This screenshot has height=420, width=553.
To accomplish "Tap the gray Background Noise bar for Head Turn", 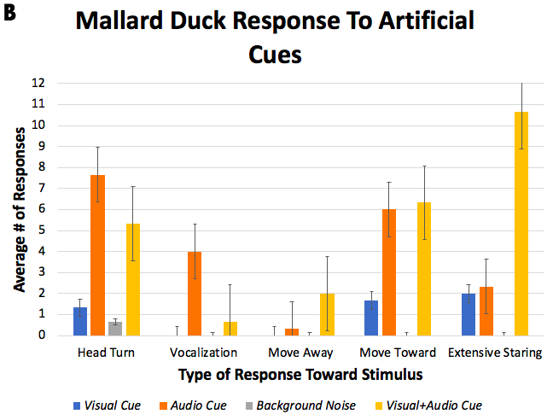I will (x=115, y=329).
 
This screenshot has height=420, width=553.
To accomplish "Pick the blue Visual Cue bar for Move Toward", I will (x=370, y=318).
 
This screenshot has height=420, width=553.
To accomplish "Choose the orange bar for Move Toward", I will (x=388, y=272).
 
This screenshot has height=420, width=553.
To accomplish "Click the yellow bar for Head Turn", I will (x=133, y=279).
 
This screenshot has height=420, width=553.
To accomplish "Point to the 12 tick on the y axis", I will (x=38, y=84).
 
